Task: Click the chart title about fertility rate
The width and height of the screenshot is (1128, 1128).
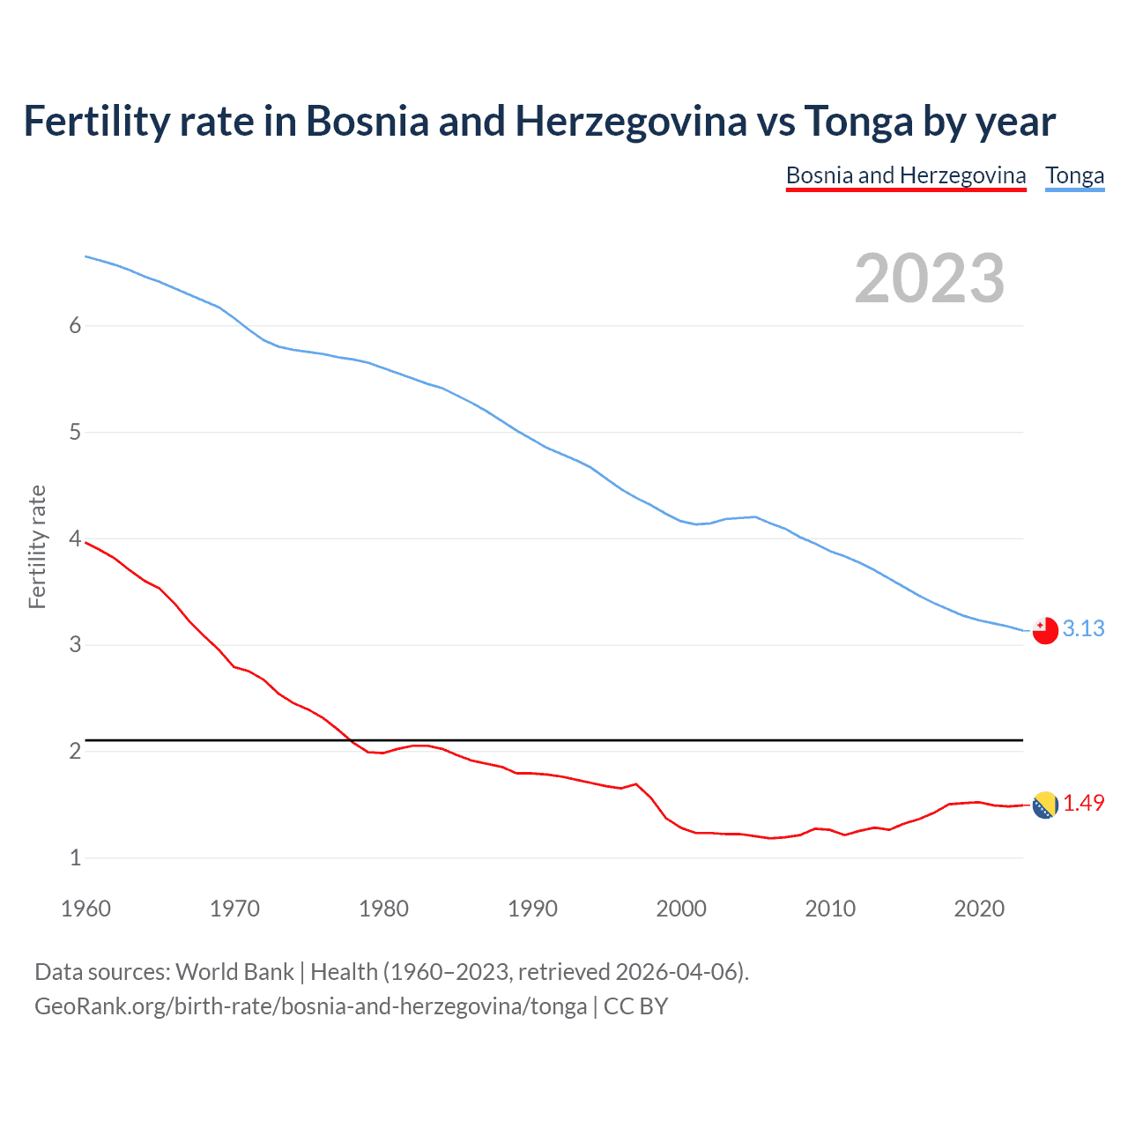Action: [x=539, y=122]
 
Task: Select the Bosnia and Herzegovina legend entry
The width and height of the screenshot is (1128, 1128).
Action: [x=906, y=175]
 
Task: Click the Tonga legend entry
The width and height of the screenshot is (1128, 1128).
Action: [x=1074, y=175]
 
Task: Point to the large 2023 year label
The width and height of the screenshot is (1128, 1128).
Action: [x=930, y=278]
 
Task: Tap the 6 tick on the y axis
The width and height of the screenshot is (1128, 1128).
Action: [x=75, y=325]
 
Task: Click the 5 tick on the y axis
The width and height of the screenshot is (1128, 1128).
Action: [x=75, y=432]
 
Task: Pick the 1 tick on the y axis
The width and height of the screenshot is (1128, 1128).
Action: [x=75, y=857]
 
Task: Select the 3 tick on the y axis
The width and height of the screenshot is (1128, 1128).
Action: [x=75, y=644]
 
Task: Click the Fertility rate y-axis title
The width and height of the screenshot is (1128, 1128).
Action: [x=37, y=546]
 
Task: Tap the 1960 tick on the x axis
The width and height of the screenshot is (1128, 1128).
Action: [x=85, y=909]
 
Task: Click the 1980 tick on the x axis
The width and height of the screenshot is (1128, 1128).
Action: [x=383, y=909]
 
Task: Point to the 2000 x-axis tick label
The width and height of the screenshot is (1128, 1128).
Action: [x=681, y=909]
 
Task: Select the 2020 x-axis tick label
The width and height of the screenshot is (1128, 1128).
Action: [x=979, y=909]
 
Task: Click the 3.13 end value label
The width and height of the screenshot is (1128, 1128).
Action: [x=1083, y=628]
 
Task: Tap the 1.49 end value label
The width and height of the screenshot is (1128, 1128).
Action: [x=1083, y=803]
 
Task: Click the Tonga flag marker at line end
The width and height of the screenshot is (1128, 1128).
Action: [x=1045, y=631]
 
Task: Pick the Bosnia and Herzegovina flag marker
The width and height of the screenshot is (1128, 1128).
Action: [x=1045, y=805]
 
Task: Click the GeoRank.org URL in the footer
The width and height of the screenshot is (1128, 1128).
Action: [x=310, y=1006]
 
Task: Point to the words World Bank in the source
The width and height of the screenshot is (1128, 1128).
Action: [x=234, y=972]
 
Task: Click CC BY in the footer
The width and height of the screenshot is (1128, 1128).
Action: [x=635, y=1006]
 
